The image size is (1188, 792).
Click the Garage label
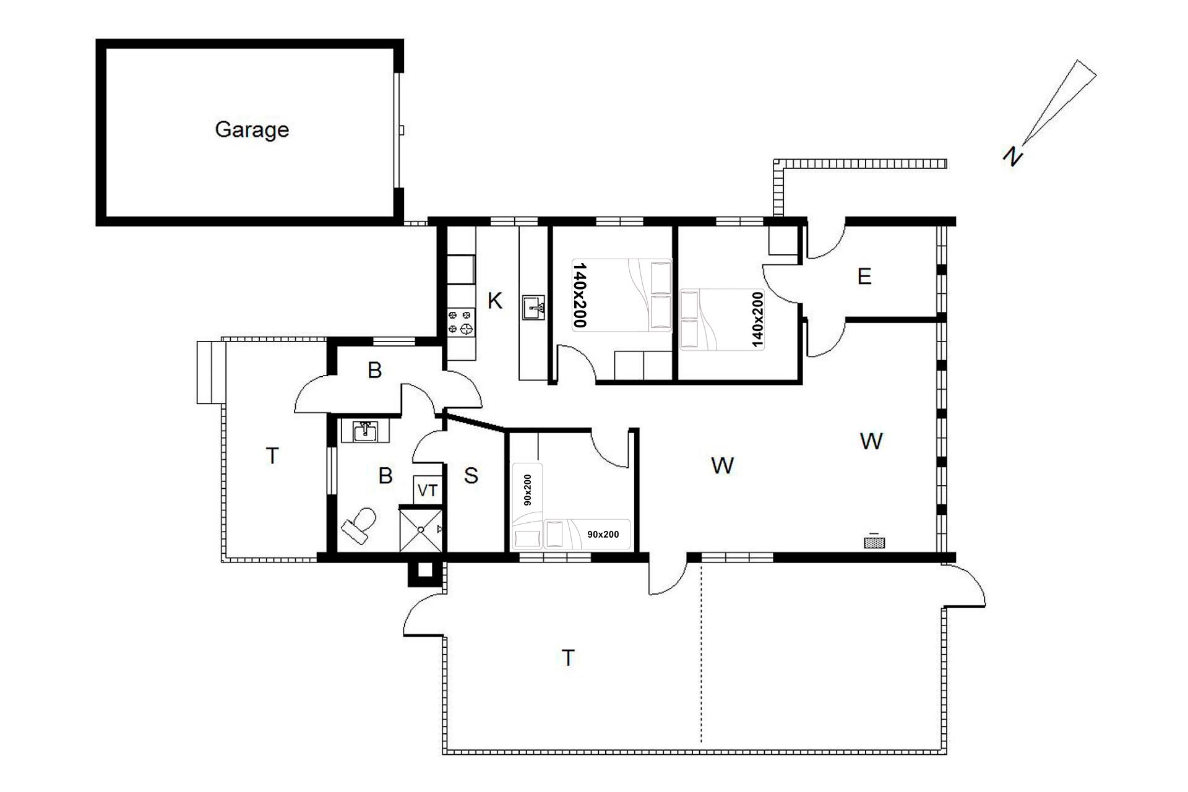pos(252,129)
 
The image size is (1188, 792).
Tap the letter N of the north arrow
pos(1012,156)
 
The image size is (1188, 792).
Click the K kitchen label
pos(494,301)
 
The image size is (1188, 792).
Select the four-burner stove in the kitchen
pos(461,322)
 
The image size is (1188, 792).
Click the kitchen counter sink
pos(533,308)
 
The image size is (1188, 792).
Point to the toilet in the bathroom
pos(359,524)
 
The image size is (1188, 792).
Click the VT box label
pos(428,491)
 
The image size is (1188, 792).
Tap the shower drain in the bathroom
pos(421,529)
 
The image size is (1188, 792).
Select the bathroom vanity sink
pos(366,431)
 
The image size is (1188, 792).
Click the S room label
pos(471,476)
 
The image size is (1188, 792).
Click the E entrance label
pos(864,276)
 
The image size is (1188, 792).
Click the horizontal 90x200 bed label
pos(603,534)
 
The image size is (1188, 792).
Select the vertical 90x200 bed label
pos(528,490)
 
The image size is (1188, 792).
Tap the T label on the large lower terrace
pos(568,658)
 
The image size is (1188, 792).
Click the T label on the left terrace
pos(272,456)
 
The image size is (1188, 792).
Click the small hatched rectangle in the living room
pos(874,543)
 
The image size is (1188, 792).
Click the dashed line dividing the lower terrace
pos(701,652)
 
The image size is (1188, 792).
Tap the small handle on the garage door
pos(402,131)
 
